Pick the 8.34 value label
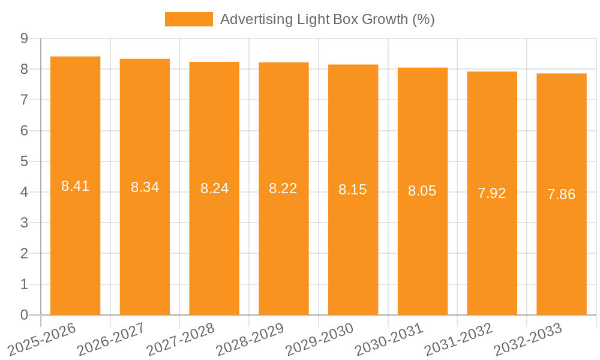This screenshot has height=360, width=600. (x=145, y=187)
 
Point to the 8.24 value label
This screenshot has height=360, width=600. (x=214, y=188)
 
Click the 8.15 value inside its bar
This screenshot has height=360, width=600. (x=353, y=190)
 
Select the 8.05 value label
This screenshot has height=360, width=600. (x=422, y=191)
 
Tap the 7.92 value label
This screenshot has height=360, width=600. (x=492, y=193)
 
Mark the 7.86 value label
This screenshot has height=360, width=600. (x=562, y=194)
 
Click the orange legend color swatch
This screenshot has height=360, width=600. (x=188, y=19)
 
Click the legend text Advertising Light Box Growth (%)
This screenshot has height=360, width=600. (x=327, y=19)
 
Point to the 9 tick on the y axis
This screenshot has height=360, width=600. (x=24, y=38)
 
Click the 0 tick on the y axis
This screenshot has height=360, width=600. (x=24, y=315)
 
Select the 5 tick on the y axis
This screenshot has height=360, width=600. (x=24, y=161)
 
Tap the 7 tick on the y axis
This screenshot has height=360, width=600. (x=24, y=100)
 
